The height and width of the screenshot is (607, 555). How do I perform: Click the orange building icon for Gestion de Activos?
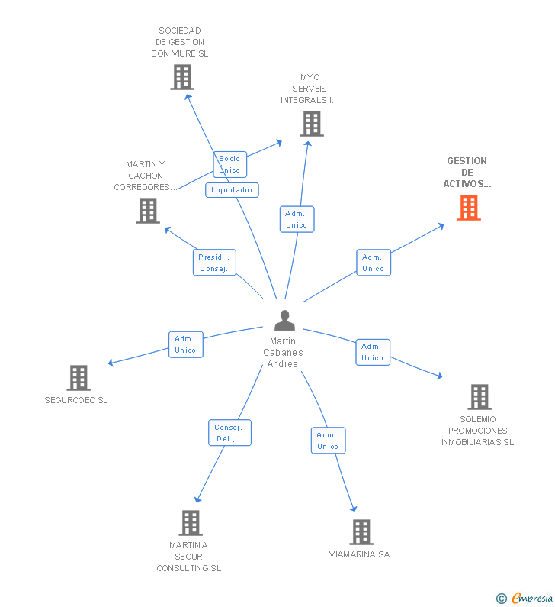(469, 208)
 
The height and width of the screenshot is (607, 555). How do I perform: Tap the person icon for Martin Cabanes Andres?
(284, 321)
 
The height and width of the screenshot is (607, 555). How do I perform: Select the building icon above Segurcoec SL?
(79, 377)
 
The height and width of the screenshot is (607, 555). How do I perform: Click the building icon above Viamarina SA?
(361, 531)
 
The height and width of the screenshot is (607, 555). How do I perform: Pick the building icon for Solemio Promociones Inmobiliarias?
(479, 397)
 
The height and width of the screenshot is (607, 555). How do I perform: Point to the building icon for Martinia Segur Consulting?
(190, 523)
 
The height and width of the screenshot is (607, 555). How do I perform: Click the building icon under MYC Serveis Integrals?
(311, 124)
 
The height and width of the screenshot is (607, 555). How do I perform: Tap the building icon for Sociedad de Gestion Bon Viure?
(182, 77)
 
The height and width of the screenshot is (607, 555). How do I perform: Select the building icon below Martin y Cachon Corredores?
(148, 211)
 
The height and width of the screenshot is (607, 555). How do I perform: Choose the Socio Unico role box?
(229, 164)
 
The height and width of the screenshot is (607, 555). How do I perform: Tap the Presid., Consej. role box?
(214, 263)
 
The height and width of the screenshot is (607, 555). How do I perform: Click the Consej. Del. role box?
(229, 433)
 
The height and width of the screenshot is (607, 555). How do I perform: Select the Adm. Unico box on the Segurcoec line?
(185, 344)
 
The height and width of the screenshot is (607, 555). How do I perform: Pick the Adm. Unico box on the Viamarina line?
(328, 441)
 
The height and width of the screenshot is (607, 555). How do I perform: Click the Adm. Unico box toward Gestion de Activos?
(374, 263)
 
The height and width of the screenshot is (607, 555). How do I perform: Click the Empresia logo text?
(533, 598)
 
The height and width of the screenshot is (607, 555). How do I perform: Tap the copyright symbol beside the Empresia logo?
(501, 599)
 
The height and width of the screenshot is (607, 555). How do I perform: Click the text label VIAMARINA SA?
(359, 554)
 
